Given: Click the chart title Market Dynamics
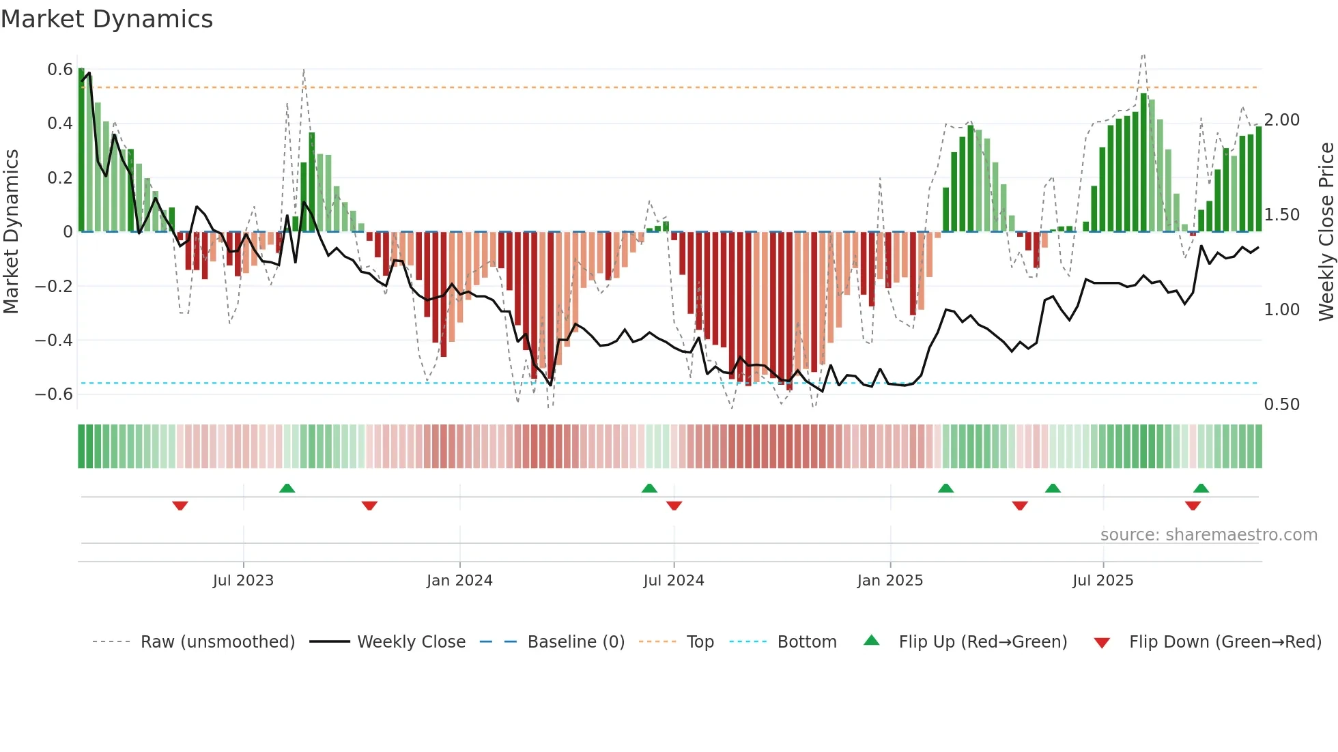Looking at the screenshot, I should coord(107,19).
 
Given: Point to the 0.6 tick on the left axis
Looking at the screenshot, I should coord(60,70).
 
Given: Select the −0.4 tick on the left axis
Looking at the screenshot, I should coord(54,340).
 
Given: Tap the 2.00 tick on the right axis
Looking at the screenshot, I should coord(1281,120).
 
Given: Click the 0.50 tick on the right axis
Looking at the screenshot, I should coord(1281,405).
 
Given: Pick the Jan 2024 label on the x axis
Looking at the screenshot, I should coord(459,581).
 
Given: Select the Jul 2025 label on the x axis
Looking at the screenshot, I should coord(1102,581).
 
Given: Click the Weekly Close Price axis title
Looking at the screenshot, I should coord(1326,232).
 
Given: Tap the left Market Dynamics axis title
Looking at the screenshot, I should coord(11,232).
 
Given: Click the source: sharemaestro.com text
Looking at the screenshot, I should coord(1208,535).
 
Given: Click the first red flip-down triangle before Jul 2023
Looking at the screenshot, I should coord(180,506).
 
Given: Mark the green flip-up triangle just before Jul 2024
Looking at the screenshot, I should coord(649,488).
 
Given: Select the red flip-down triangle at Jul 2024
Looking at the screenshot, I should coord(674,506).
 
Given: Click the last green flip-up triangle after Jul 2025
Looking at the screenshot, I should coord(1201,488).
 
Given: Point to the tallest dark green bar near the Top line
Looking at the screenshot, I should coord(1143,164).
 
